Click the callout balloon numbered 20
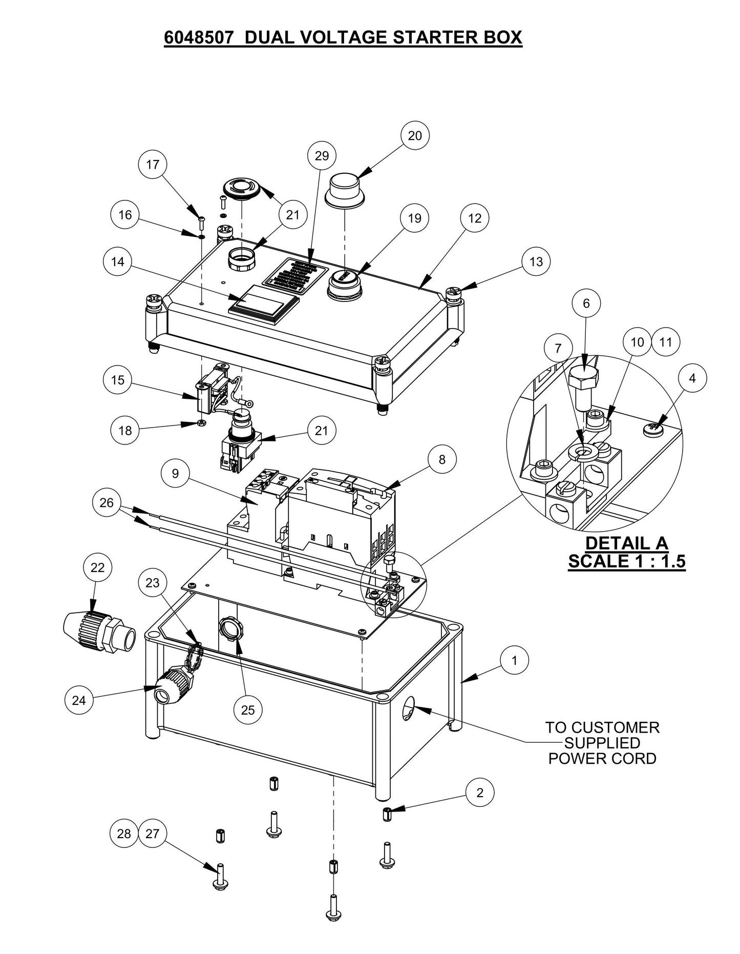click(415, 135)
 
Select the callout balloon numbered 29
click(322, 155)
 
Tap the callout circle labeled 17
click(153, 165)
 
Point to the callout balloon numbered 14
click(118, 262)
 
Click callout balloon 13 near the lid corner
click(536, 262)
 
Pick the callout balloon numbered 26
click(107, 503)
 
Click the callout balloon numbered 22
click(97, 567)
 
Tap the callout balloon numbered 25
click(248, 710)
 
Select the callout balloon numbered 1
click(515, 661)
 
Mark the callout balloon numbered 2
click(480, 793)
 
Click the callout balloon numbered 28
click(124, 834)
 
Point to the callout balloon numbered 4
click(692, 378)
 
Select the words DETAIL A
click(626, 543)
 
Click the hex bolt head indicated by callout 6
click(583, 377)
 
